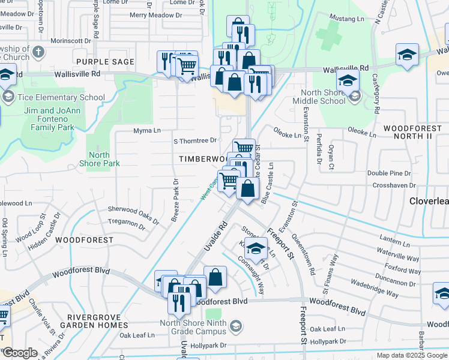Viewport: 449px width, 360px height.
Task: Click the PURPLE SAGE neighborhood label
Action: pos(98,62)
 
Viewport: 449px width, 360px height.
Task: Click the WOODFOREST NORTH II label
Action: pos(408,133)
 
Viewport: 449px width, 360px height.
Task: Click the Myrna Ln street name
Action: pos(146,130)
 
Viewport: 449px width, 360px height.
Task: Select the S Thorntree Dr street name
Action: pos(194,140)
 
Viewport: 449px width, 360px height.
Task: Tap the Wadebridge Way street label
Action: pos(374,288)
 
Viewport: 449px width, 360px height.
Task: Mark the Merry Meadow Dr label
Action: pos(151,14)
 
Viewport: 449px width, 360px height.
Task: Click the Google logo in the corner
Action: pos(20,353)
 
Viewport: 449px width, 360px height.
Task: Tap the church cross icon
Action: pos(38,52)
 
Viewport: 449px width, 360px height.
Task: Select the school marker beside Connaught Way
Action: pos(256,248)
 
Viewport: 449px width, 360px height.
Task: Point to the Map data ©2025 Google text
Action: pos(411,355)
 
